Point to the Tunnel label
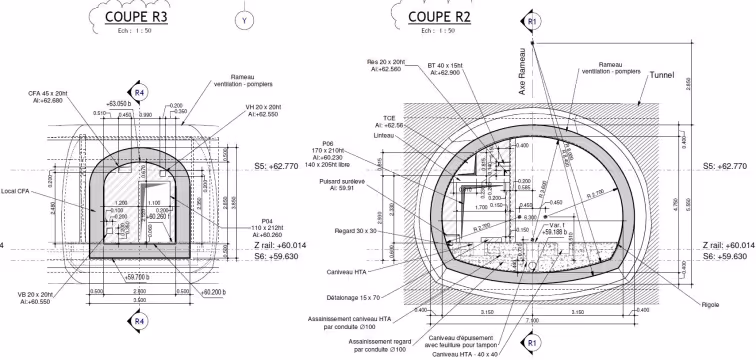click(x=663, y=75)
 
